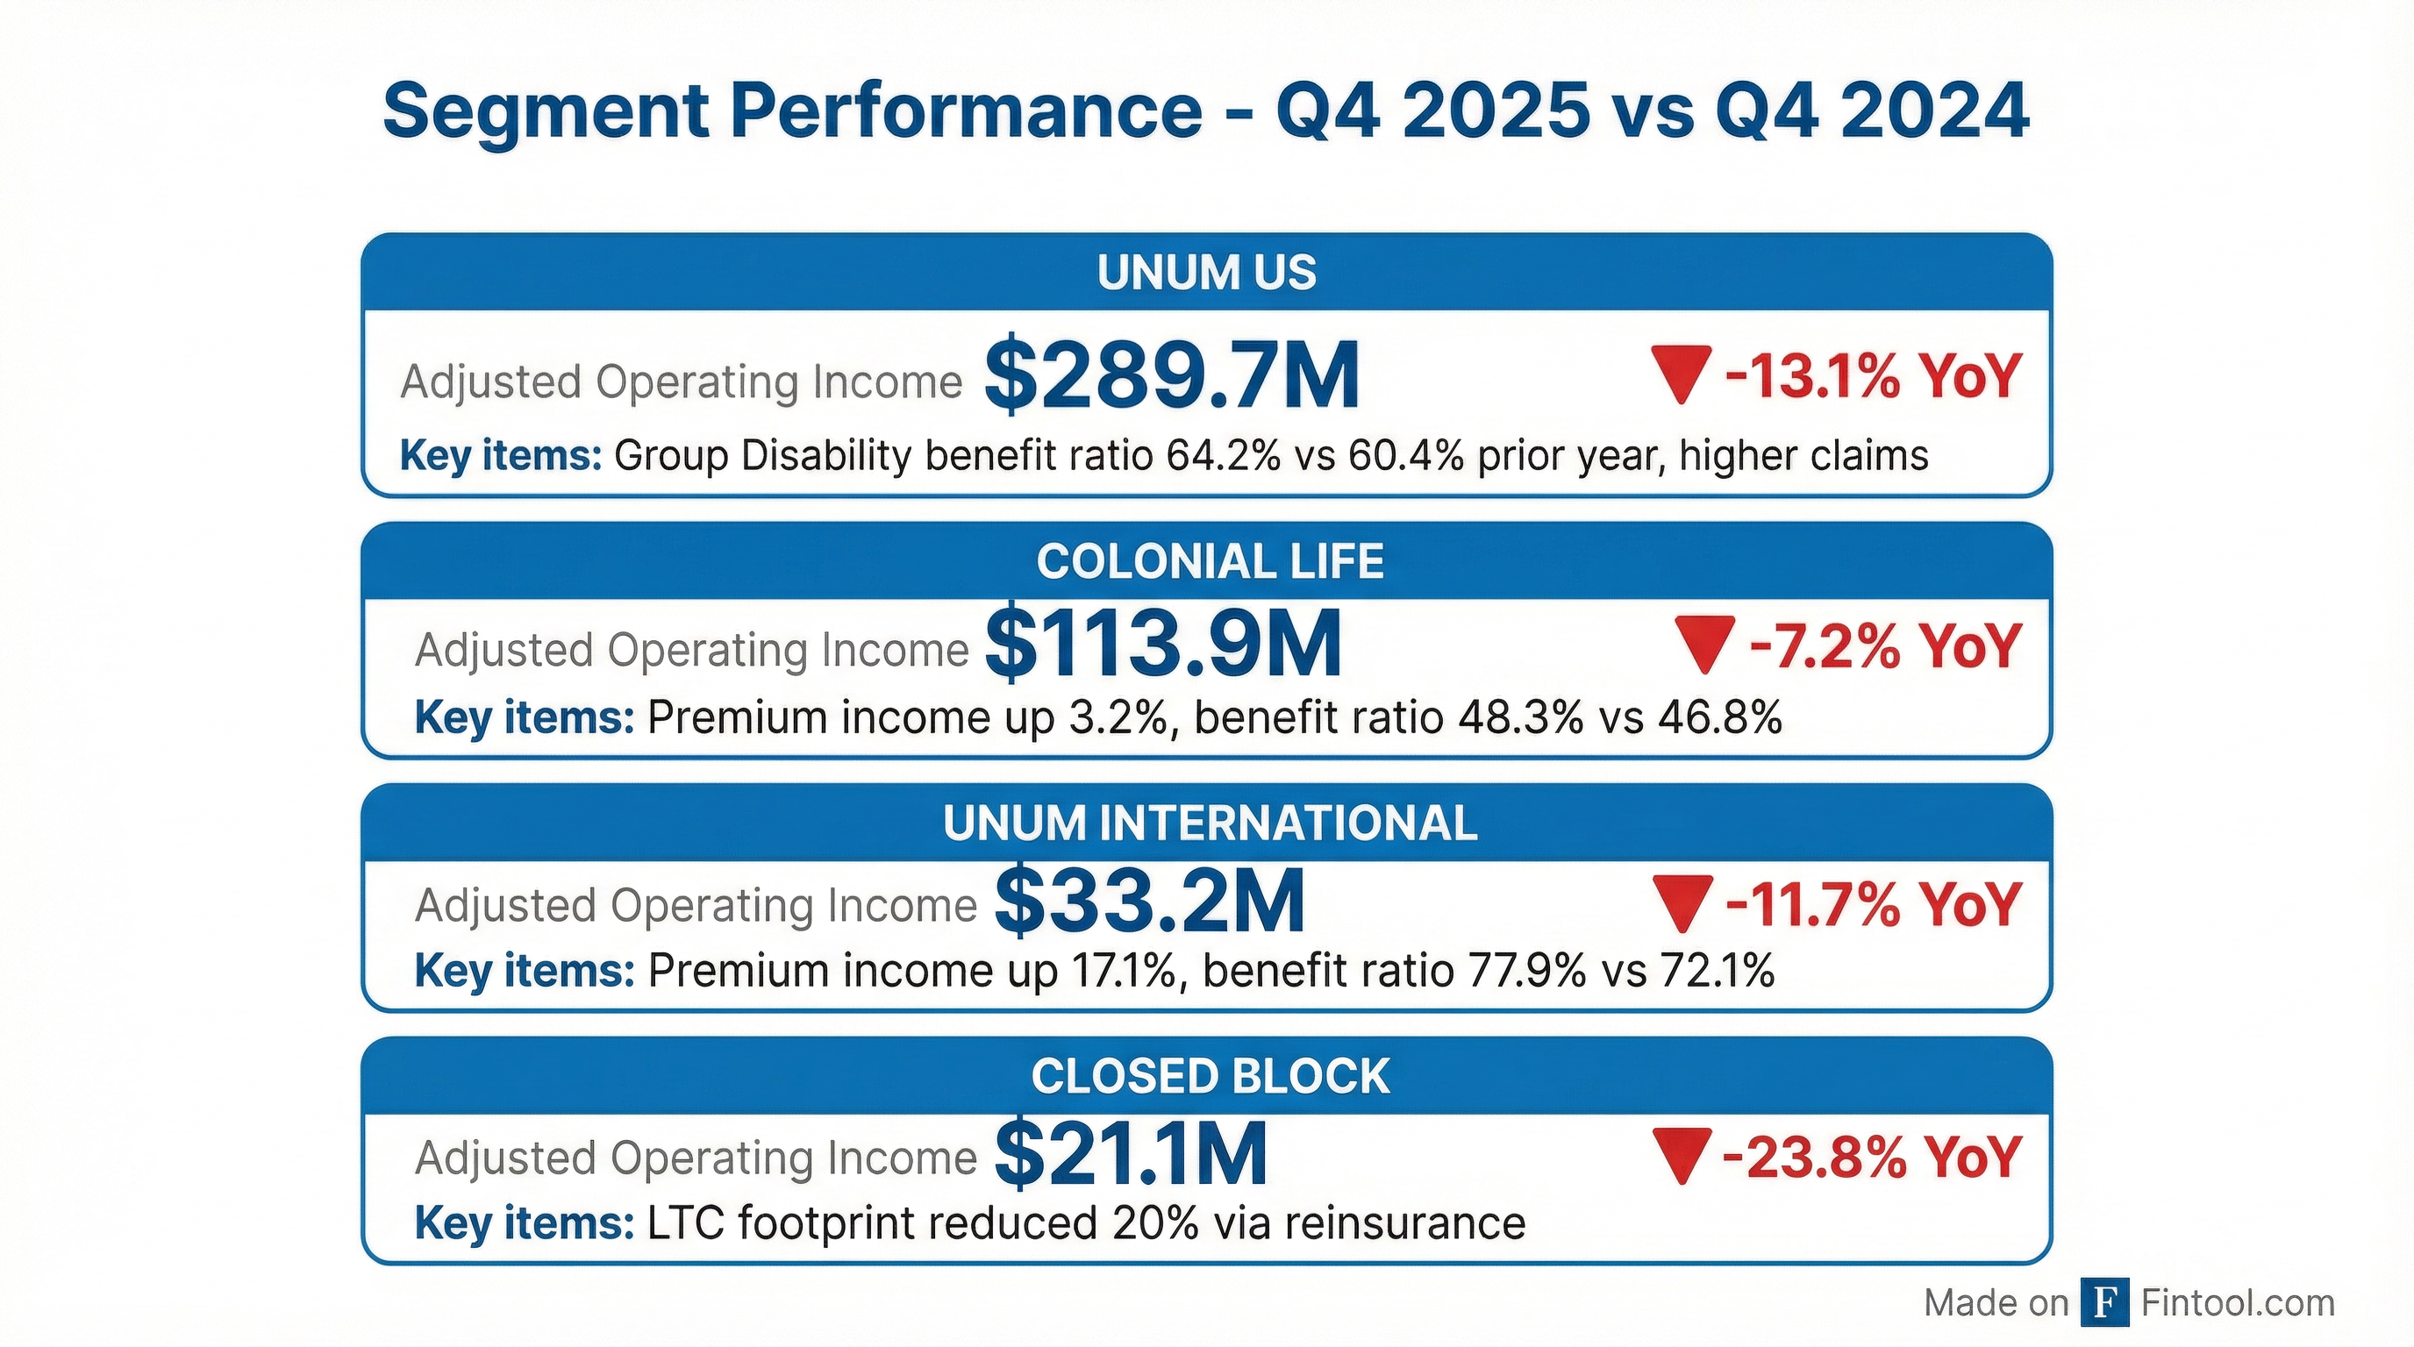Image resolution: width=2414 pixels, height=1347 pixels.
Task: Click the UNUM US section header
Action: (1206, 273)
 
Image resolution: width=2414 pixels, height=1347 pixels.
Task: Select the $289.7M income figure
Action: (1171, 376)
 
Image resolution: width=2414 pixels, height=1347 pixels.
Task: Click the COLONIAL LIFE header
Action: (1209, 562)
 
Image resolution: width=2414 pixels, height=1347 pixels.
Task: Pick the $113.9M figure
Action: (1163, 645)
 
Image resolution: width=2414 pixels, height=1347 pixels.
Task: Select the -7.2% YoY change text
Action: (1884, 646)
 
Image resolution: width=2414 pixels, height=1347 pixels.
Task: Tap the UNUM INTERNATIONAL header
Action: (1209, 823)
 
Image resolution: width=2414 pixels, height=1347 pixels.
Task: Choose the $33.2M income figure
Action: (1149, 902)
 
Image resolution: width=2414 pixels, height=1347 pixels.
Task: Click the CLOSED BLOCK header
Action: (1210, 1076)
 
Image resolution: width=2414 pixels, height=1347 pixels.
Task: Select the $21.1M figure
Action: (1130, 1155)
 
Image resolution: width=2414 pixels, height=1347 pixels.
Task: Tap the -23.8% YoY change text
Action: (1871, 1157)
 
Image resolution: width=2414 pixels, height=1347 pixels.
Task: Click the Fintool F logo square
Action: (2104, 1303)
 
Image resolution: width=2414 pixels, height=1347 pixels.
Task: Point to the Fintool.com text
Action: (2238, 1303)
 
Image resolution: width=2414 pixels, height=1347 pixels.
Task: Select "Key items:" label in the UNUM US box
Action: (500, 456)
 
